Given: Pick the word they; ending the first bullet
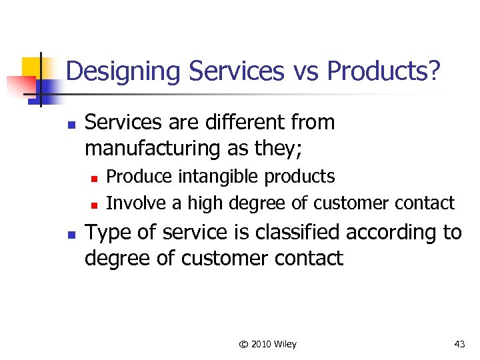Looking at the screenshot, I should point(279,148).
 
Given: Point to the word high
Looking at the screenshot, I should point(205,202).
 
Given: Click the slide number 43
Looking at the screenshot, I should point(459,344).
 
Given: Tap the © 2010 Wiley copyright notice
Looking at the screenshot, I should point(267,344).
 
